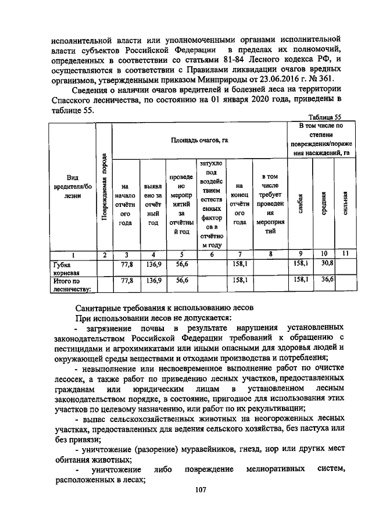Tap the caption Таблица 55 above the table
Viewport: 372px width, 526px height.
pyautogui.click(x=324, y=117)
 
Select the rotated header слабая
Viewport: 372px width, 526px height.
pyautogui.click(x=300, y=204)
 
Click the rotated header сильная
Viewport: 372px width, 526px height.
pyautogui.click(x=345, y=204)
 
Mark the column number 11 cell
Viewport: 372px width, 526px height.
pyautogui.click(x=345, y=254)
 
